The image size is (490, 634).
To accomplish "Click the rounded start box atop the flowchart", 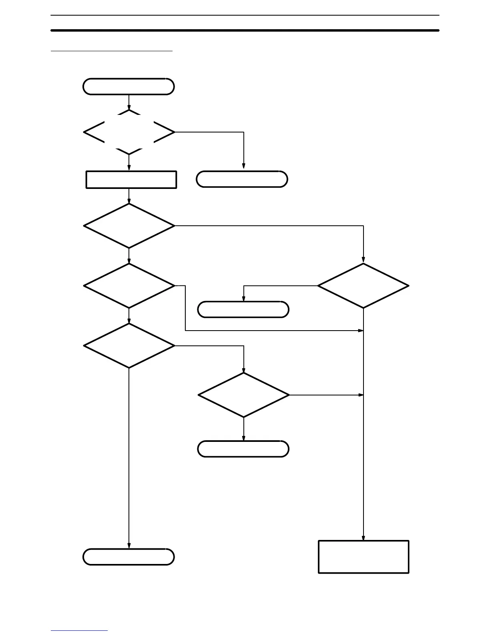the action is [129, 86].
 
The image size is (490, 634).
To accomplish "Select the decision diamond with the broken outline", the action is [129, 132].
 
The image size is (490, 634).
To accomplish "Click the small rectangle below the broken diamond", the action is [131, 179].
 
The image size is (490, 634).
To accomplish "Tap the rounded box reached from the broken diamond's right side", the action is [242, 179].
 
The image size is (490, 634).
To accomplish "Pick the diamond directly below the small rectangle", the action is [129, 226].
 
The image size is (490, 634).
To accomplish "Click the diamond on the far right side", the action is [363, 286].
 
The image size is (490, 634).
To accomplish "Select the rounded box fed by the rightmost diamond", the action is [243, 309].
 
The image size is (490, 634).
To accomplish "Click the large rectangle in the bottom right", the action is [363, 557].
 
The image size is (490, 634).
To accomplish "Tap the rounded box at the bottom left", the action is [129, 557].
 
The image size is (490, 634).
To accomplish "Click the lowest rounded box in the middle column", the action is [243, 449].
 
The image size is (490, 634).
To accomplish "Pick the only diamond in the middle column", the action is [243, 395].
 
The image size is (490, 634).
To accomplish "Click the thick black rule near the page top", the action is [245, 30].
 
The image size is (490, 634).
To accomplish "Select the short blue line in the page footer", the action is [79, 630].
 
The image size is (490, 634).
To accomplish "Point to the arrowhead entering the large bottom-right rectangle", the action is [363, 538].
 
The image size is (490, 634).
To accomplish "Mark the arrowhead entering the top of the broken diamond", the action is [129, 107].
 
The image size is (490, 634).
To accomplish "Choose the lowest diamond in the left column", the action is [129, 345].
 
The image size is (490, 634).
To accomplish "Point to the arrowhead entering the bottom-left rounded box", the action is [129, 546].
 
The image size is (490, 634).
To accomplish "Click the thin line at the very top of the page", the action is [245, 15].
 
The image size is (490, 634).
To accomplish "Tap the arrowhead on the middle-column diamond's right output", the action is [361, 395].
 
